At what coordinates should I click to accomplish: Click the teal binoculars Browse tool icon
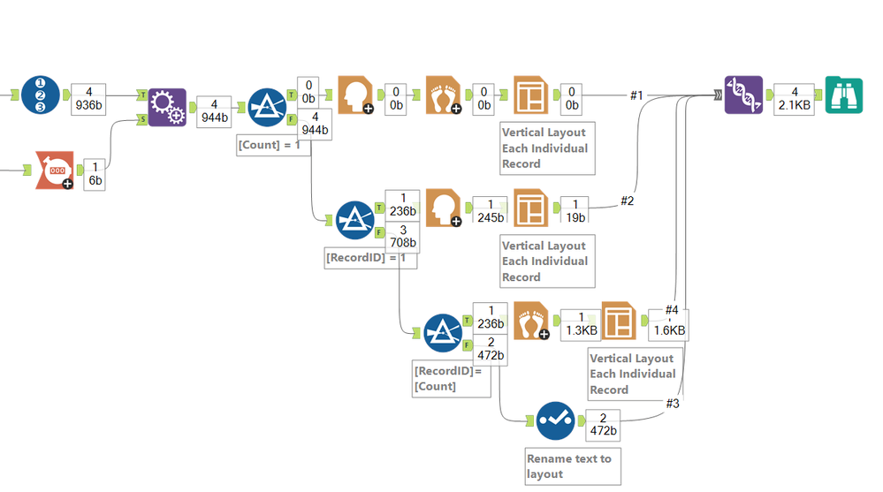tap(844, 95)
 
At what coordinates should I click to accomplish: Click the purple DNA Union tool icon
tap(743, 95)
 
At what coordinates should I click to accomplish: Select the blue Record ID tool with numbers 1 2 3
tap(41, 95)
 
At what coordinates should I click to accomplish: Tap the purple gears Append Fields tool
tap(167, 107)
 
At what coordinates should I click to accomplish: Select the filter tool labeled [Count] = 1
tap(267, 107)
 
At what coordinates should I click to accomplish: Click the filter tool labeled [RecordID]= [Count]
tap(444, 333)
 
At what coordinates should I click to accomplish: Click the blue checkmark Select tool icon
tap(555, 422)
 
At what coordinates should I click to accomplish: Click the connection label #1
tap(637, 95)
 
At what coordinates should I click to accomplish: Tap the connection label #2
tap(627, 201)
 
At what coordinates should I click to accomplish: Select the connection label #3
tap(674, 404)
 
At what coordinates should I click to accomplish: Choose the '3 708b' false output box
tap(402, 237)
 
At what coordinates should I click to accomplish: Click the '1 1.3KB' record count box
tap(579, 323)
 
